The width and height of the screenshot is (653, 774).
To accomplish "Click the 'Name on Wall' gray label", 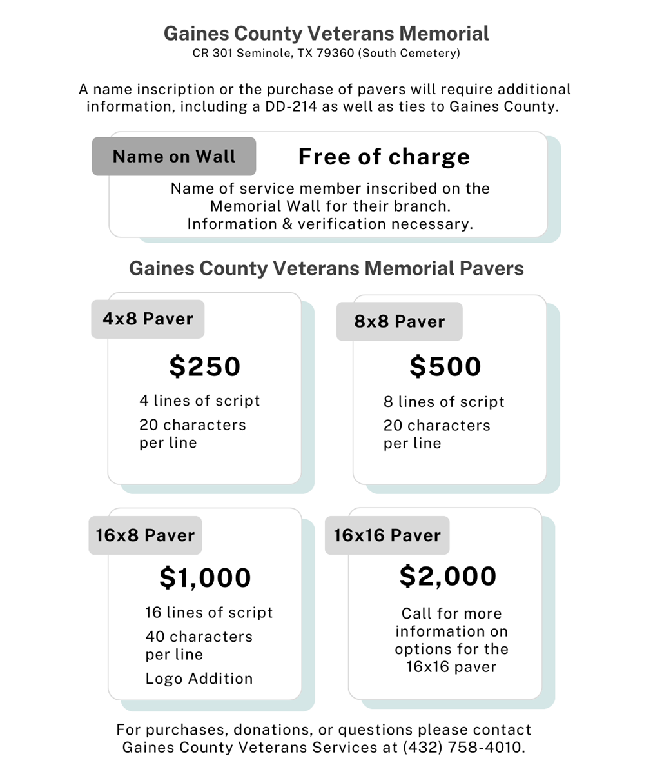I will (x=174, y=157).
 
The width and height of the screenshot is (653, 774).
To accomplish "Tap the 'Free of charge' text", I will (x=384, y=157).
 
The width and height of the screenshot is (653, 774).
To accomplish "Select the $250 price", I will (x=205, y=366).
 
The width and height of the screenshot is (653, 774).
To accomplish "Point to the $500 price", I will (x=445, y=366).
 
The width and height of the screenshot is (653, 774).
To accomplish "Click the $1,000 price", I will (x=205, y=577).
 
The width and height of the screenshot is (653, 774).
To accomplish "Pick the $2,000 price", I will (x=448, y=576).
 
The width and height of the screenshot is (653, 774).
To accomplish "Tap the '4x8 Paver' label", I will (x=148, y=319).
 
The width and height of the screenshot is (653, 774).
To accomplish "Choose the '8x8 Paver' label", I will (x=400, y=321).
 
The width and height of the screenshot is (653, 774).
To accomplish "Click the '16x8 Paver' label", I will (x=145, y=535).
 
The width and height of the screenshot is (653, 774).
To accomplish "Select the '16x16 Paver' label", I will (x=387, y=535).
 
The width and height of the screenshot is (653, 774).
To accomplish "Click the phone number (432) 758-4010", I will (x=463, y=748).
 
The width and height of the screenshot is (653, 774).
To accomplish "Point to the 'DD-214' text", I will (x=291, y=106).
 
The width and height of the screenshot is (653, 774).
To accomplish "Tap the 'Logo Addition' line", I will (x=199, y=679).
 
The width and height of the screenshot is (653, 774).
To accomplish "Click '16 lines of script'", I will (x=210, y=613).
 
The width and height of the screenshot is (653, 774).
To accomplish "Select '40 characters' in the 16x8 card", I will (x=199, y=637).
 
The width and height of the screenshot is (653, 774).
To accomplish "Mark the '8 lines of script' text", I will (x=444, y=402).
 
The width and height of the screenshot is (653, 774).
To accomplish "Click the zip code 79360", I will (x=335, y=54).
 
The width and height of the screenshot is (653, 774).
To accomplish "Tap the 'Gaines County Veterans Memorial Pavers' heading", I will (x=326, y=268).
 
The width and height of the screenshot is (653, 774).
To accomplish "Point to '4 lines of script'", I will (x=200, y=401).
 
